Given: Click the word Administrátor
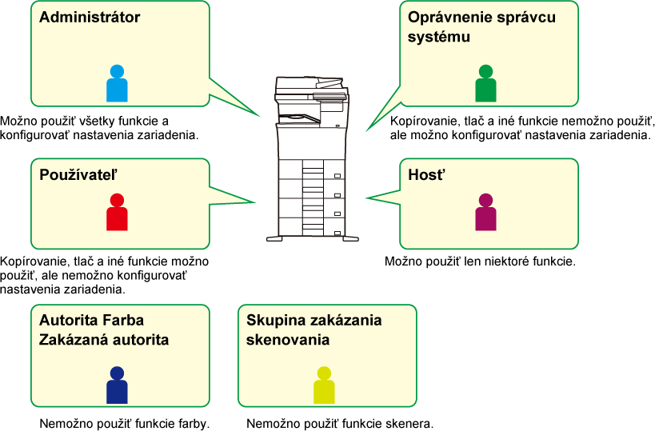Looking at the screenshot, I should point(90,18).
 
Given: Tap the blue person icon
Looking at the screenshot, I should point(117,84).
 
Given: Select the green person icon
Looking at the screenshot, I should point(485,84).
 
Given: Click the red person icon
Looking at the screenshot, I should point(117,214).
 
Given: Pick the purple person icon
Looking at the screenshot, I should point(485,214).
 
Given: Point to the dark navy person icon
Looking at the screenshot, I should point(117,386).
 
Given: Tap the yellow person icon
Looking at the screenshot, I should point(324,386).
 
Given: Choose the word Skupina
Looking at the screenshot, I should point(276,321).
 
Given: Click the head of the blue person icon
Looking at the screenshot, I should point(117,71).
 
